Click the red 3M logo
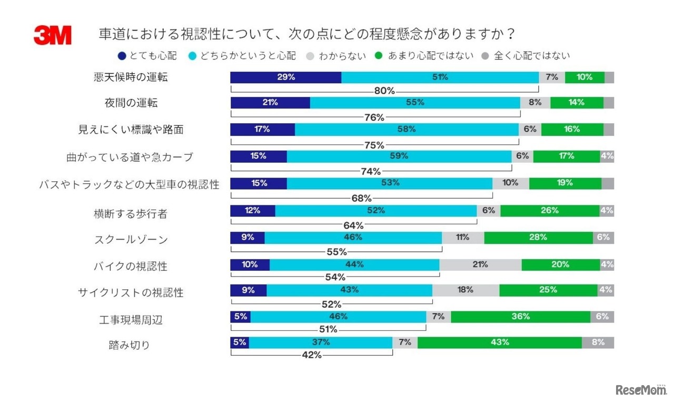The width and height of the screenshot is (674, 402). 53,35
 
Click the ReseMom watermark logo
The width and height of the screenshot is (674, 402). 640,389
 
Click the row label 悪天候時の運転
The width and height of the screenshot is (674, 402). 131,77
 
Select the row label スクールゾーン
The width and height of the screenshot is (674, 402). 131,240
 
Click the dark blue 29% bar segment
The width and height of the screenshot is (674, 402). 286,77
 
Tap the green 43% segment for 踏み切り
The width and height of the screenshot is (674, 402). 499,342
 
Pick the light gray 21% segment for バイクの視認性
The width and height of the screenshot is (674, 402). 480,264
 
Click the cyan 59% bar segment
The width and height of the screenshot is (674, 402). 399,156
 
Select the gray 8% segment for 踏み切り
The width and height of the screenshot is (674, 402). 598,342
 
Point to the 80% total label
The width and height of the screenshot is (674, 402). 384,91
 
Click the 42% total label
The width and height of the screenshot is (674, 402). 312,355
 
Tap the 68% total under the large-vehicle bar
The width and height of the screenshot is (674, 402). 361,198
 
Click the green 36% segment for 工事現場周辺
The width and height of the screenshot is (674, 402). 520,317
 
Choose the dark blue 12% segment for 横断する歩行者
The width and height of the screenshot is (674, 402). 253,210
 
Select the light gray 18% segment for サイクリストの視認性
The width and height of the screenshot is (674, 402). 465,290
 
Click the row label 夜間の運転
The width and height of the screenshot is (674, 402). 131,103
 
